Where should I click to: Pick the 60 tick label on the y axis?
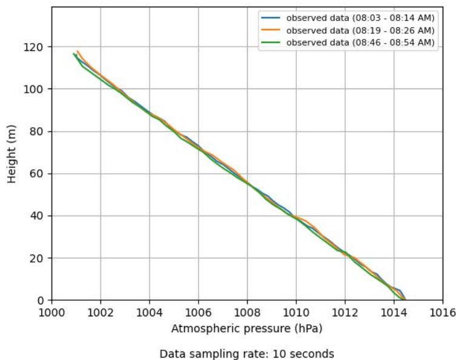pyautogui.click(x=39, y=174)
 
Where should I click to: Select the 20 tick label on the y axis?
pyautogui.click(x=39, y=258)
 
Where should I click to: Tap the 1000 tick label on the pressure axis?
pyautogui.click(x=51, y=313)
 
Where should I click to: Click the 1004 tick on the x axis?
pyautogui.click(x=150, y=313)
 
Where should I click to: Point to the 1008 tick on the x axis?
pyautogui.click(x=247, y=313)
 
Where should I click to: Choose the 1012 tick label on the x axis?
pyautogui.click(x=345, y=313)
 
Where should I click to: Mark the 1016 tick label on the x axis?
pyautogui.click(x=443, y=313)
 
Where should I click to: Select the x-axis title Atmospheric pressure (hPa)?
pyautogui.click(x=247, y=329)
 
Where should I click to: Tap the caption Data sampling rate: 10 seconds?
pyautogui.click(x=247, y=353)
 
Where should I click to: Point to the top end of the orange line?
pyautogui.click(x=78, y=52)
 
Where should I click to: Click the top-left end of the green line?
pyautogui.click(x=74, y=53)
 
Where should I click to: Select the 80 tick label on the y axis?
pyautogui.click(x=39, y=132)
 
